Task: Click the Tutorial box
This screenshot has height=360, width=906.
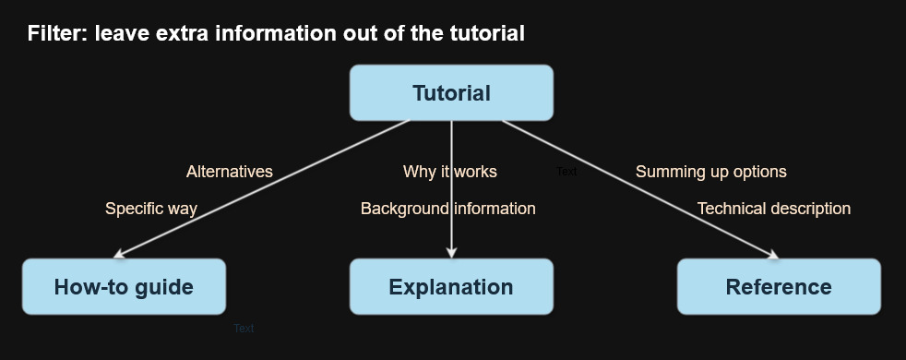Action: click(x=451, y=92)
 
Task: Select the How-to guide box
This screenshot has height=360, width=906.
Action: click(x=124, y=286)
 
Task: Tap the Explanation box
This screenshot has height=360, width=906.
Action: click(x=451, y=286)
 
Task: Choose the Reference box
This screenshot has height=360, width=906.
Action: click(x=779, y=286)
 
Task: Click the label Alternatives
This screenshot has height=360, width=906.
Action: click(x=230, y=172)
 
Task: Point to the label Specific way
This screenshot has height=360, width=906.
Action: click(x=151, y=209)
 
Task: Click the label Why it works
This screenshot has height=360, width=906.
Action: click(x=450, y=172)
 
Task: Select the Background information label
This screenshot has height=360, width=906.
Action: click(x=447, y=209)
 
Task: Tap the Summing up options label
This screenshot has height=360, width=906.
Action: click(x=710, y=172)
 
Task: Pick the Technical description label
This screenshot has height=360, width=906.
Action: click(x=773, y=209)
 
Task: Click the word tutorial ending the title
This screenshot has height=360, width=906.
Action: click(x=484, y=34)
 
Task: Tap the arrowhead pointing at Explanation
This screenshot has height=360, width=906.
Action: click(x=451, y=254)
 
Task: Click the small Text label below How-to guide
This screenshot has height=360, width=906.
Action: click(x=244, y=329)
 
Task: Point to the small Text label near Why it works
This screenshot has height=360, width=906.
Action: click(x=566, y=172)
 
